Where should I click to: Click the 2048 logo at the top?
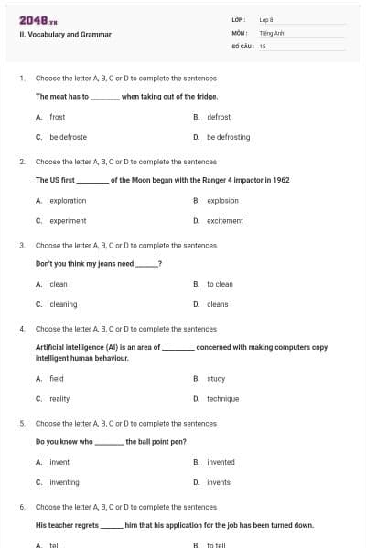point(38,19)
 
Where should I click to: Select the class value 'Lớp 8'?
point(266,19)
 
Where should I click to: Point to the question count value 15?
point(263,45)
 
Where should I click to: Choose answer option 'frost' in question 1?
point(58,117)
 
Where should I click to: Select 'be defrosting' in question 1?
point(228,137)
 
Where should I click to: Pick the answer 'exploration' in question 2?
point(68,200)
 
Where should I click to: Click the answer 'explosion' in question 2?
point(222,200)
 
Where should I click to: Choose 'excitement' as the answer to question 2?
point(225,220)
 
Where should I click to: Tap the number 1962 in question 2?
point(280,180)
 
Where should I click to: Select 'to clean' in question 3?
point(220,284)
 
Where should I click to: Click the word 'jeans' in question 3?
point(95,264)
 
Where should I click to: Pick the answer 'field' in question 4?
point(57,378)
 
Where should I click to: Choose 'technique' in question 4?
point(222,398)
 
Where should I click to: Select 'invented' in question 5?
point(221,462)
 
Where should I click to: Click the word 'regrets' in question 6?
point(85,525)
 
